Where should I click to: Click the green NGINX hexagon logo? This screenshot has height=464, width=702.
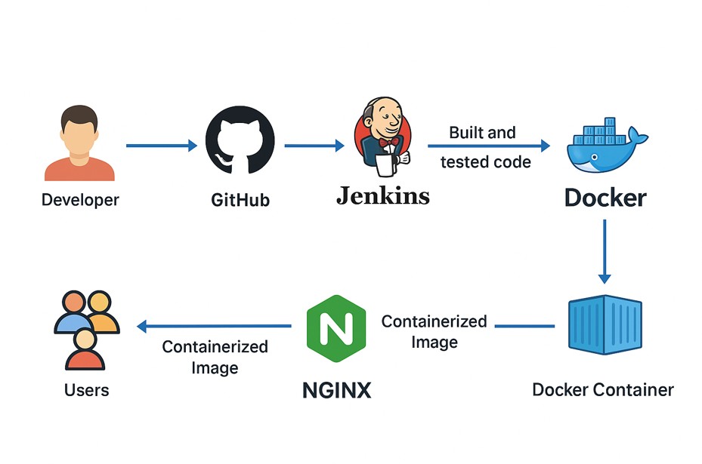tap(336, 329)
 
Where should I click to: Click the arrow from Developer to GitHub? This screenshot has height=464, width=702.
tap(161, 146)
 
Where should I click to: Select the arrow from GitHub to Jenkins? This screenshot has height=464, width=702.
tap(314, 146)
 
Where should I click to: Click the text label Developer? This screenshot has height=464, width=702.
tap(80, 200)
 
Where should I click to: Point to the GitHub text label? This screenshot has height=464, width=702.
tap(240, 201)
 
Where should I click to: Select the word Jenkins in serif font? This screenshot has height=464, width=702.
tap(382, 196)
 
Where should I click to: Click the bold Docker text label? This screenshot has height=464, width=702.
tap(605, 198)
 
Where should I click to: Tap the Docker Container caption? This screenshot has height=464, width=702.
tap(603, 390)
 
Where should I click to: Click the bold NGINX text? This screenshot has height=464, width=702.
tap(336, 390)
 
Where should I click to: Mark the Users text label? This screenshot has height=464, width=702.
tap(87, 390)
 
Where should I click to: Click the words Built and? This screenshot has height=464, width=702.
tap(482, 133)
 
